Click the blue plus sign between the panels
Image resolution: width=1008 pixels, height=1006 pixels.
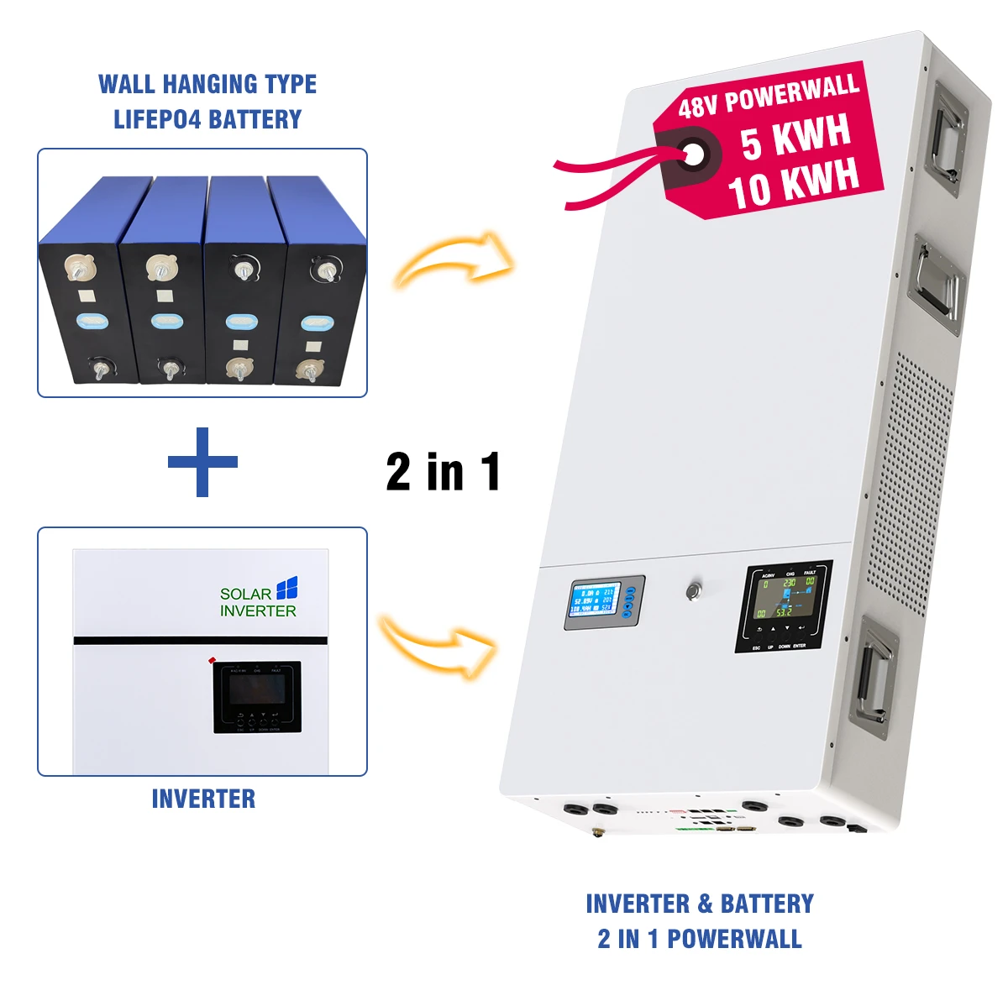point(202,462)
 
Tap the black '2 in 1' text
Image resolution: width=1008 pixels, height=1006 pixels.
point(443,472)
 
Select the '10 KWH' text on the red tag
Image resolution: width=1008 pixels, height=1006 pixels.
point(793,182)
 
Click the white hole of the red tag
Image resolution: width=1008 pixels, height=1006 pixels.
point(694,154)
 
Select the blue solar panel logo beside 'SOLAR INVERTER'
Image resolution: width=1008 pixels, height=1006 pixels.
point(287,588)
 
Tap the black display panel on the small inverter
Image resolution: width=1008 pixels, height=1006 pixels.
point(257,696)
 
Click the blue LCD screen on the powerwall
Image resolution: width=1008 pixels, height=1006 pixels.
point(596,600)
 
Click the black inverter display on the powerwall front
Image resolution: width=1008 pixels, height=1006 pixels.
point(783,605)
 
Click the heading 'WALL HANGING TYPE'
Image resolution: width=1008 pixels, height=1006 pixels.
point(207,84)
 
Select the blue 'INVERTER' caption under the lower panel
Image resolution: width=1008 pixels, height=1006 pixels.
point(203,799)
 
